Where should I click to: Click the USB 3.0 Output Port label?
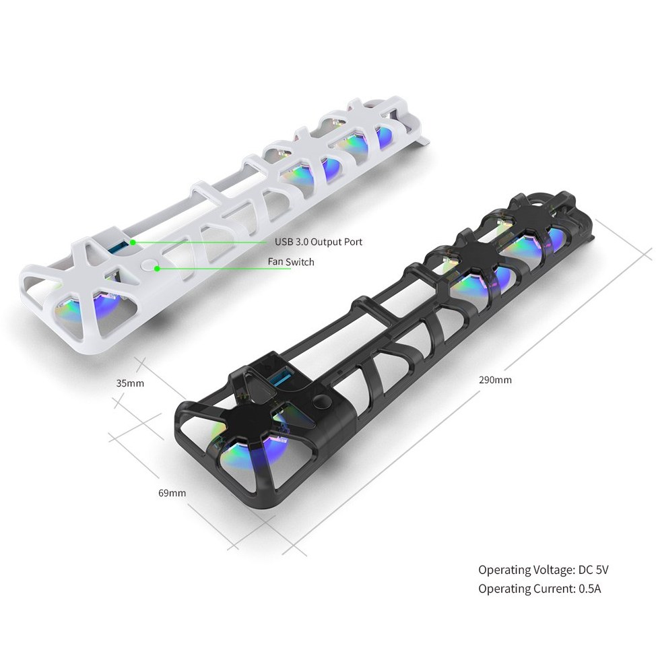click(x=319, y=242)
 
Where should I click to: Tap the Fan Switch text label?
click(x=291, y=262)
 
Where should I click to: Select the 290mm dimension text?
click(x=495, y=380)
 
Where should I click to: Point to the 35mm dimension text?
click(x=130, y=383)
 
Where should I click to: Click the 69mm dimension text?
click(x=172, y=493)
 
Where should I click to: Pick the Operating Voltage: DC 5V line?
click(x=544, y=570)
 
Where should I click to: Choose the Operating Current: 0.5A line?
click(x=539, y=589)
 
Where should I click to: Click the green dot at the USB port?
click(x=133, y=242)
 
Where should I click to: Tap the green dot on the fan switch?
click(x=157, y=269)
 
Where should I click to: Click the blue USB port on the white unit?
click(x=119, y=247)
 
